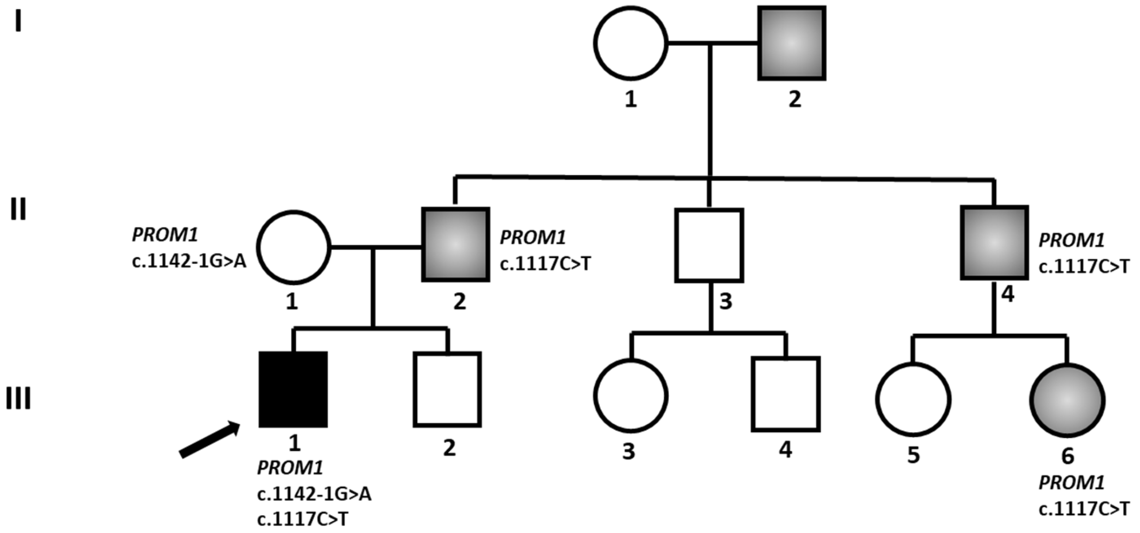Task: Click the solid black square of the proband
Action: (293, 389)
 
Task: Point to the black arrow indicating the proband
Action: (209, 440)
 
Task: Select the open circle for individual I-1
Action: (630, 43)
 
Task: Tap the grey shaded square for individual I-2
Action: (792, 43)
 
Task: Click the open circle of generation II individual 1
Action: (294, 247)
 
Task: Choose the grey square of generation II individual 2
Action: (456, 244)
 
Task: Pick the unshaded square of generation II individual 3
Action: (709, 245)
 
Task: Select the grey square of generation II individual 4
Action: (994, 243)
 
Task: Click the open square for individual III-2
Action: (447, 389)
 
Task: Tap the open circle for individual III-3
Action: (630, 396)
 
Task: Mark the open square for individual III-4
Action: (786, 394)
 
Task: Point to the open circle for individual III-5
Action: (913, 399)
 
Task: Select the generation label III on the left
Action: (18, 399)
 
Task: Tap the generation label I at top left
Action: (18, 21)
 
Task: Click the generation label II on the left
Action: (18, 209)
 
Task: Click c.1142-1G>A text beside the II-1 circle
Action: (189, 262)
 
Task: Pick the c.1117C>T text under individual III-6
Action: (1084, 509)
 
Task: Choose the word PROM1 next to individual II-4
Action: (1071, 240)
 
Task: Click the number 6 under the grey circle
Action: (1067, 456)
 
